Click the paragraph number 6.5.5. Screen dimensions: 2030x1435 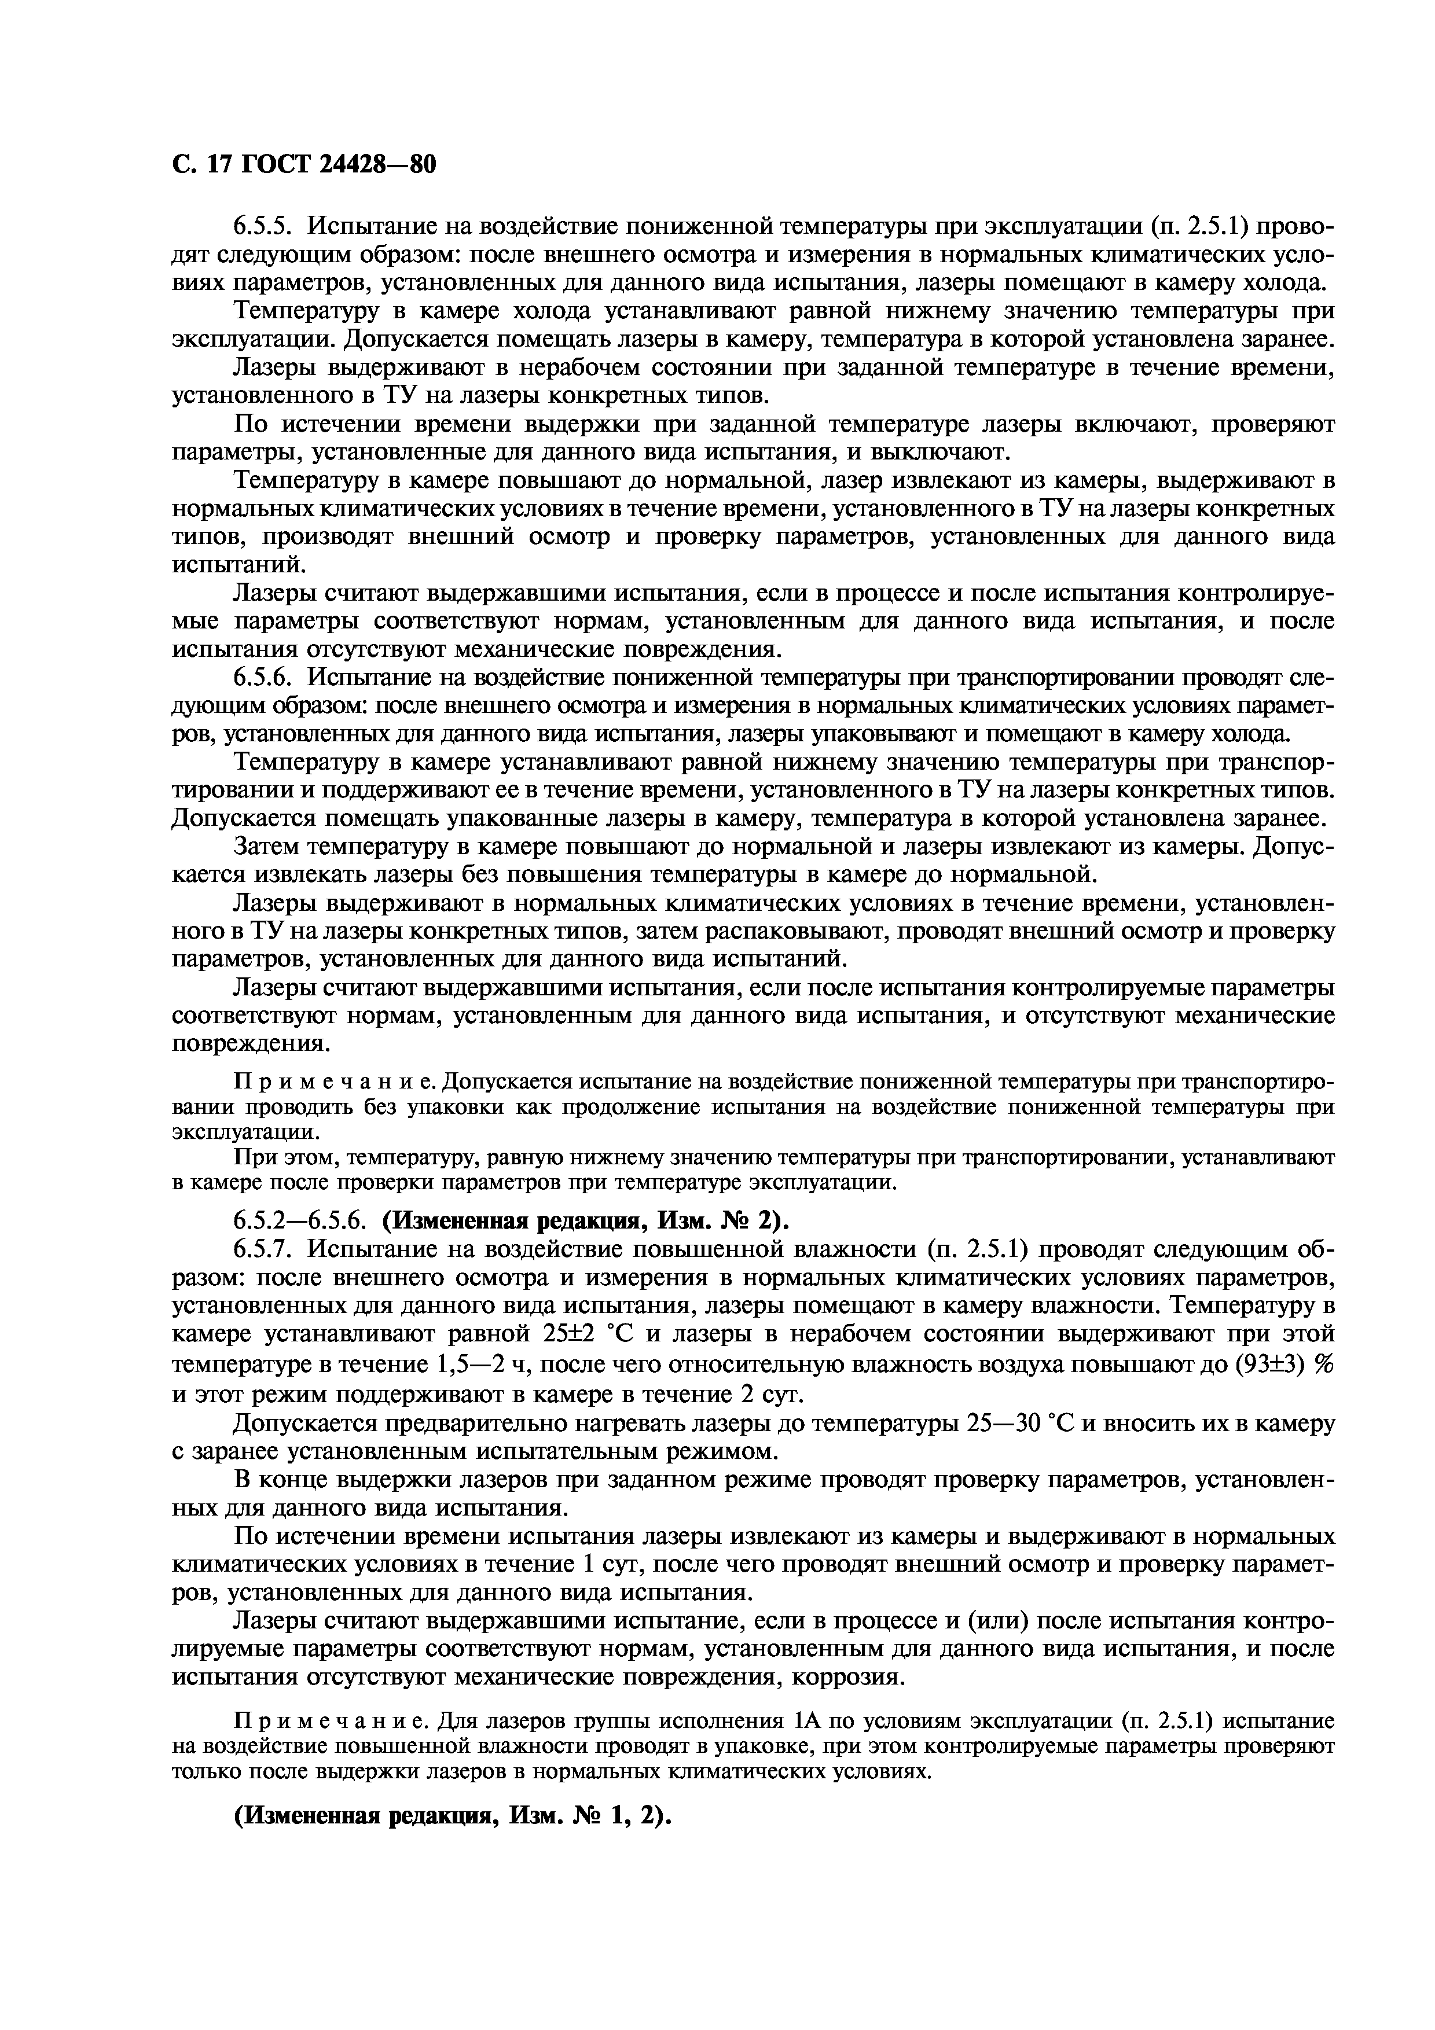(263, 226)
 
